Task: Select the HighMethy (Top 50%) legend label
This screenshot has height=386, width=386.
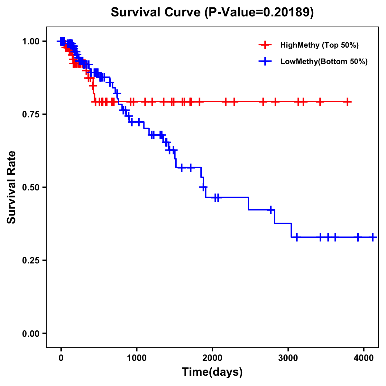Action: (319, 45)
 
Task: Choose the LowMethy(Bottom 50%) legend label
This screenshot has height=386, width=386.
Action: (324, 61)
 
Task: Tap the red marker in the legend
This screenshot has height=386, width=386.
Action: (265, 45)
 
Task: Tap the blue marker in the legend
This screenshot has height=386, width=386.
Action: (265, 61)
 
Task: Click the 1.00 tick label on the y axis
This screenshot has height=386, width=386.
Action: (30, 41)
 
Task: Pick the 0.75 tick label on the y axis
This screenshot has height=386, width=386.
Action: (30, 115)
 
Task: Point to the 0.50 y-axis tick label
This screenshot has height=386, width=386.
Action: (30, 188)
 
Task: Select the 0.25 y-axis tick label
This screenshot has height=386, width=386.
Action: (30, 261)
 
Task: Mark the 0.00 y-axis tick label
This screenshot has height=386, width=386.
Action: (30, 334)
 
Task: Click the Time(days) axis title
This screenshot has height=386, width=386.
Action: (212, 372)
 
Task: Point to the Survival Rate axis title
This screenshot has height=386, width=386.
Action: (12, 187)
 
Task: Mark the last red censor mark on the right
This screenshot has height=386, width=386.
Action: (347, 102)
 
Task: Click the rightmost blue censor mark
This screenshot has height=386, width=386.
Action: (372, 237)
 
